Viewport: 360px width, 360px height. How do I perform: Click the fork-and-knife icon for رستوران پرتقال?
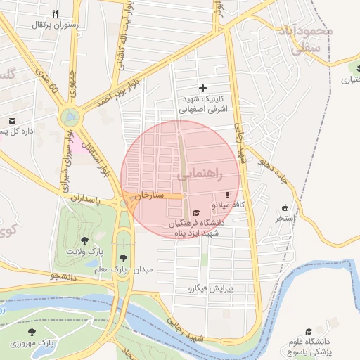pos(56,13)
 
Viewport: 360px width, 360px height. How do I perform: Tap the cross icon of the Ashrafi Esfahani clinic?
pos(203,88)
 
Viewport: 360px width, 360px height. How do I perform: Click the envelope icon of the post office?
pos(12,120)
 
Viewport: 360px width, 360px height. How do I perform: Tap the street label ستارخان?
pos(148,195)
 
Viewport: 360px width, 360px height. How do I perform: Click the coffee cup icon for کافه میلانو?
pos(227,194)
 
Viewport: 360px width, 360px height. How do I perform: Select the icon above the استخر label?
pos(285,207)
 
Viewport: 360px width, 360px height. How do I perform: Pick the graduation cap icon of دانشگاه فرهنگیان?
pos(195,213)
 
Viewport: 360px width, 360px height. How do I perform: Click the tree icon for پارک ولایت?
pos(84,240)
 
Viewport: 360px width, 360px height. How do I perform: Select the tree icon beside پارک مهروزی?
pos(30,331)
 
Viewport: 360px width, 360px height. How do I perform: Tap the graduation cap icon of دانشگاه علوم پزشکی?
pos(308,331)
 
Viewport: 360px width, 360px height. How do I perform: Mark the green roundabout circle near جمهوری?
pos(70,116)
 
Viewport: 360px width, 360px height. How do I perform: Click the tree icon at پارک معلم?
pos(124,258)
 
